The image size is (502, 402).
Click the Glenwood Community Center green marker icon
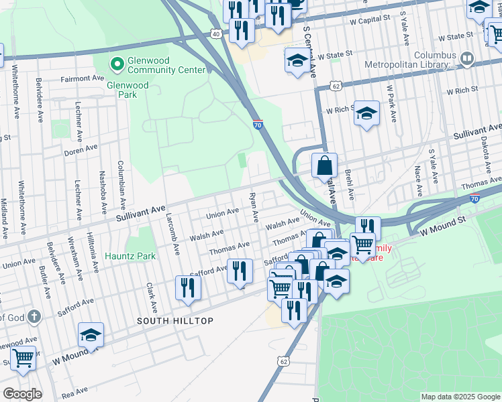[x=117, y=64]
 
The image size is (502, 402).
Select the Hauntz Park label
[x=130, y=256]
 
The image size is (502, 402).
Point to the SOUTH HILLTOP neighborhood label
[x=175, y=321]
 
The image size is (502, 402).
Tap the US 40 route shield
[x=215, y=33]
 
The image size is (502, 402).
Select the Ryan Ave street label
[x=254, y=208]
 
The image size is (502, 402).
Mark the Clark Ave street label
[x=152, y=298]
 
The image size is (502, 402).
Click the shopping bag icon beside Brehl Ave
[x=324, y=165]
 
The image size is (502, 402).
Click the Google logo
[x=21, y=393]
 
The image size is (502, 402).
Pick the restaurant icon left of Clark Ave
[x=187, y=287]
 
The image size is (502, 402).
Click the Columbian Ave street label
[x=121, y=182]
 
